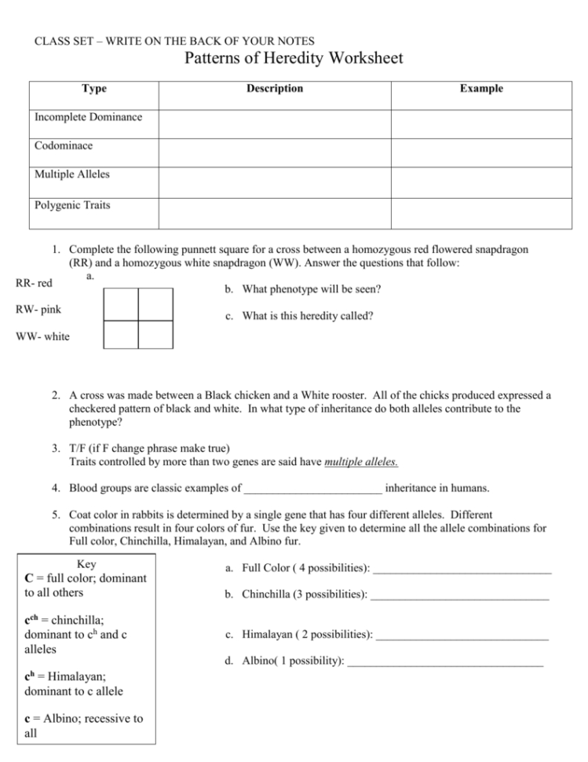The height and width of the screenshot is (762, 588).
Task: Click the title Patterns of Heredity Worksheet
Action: coord(294,59)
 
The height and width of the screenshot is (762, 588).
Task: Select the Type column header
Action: coord(94,89)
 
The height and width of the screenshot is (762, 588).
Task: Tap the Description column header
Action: coord(274,89)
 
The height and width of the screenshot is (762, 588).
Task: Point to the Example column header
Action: coord(481,89)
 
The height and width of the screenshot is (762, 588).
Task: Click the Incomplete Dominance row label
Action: coord(88,117)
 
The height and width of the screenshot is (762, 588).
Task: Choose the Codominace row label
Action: coord(63,146)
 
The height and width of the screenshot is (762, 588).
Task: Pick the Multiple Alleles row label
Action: coord(72,174)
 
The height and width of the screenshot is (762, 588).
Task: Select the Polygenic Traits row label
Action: coord(72,206)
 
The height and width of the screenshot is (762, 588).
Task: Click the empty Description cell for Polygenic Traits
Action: coord(275,213)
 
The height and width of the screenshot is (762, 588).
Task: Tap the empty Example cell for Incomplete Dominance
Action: coord(481,124)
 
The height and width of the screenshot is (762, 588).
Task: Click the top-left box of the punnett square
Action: coord(121,304)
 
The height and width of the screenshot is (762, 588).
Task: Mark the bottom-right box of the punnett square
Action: coord(155,335)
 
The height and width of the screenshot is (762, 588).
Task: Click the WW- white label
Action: coord(42,337)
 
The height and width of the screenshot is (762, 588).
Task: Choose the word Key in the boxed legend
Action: coord(88,564)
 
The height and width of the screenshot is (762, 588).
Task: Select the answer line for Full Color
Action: coord(462,568)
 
